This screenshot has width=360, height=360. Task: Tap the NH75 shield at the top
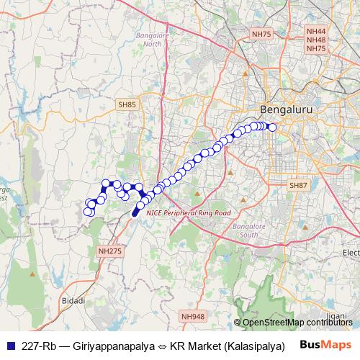(261, 34)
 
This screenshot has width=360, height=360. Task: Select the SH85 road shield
(127, 105)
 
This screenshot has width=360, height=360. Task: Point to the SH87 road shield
(298, 186)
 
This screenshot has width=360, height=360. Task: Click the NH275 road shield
(107, 251)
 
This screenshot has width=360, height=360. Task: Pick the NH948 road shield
(192, 316)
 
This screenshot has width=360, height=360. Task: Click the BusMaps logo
(324, 344)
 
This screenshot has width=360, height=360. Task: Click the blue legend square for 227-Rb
(9, 345)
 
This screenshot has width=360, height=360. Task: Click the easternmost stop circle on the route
(272, 128)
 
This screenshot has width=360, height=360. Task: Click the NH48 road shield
(316, 40)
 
